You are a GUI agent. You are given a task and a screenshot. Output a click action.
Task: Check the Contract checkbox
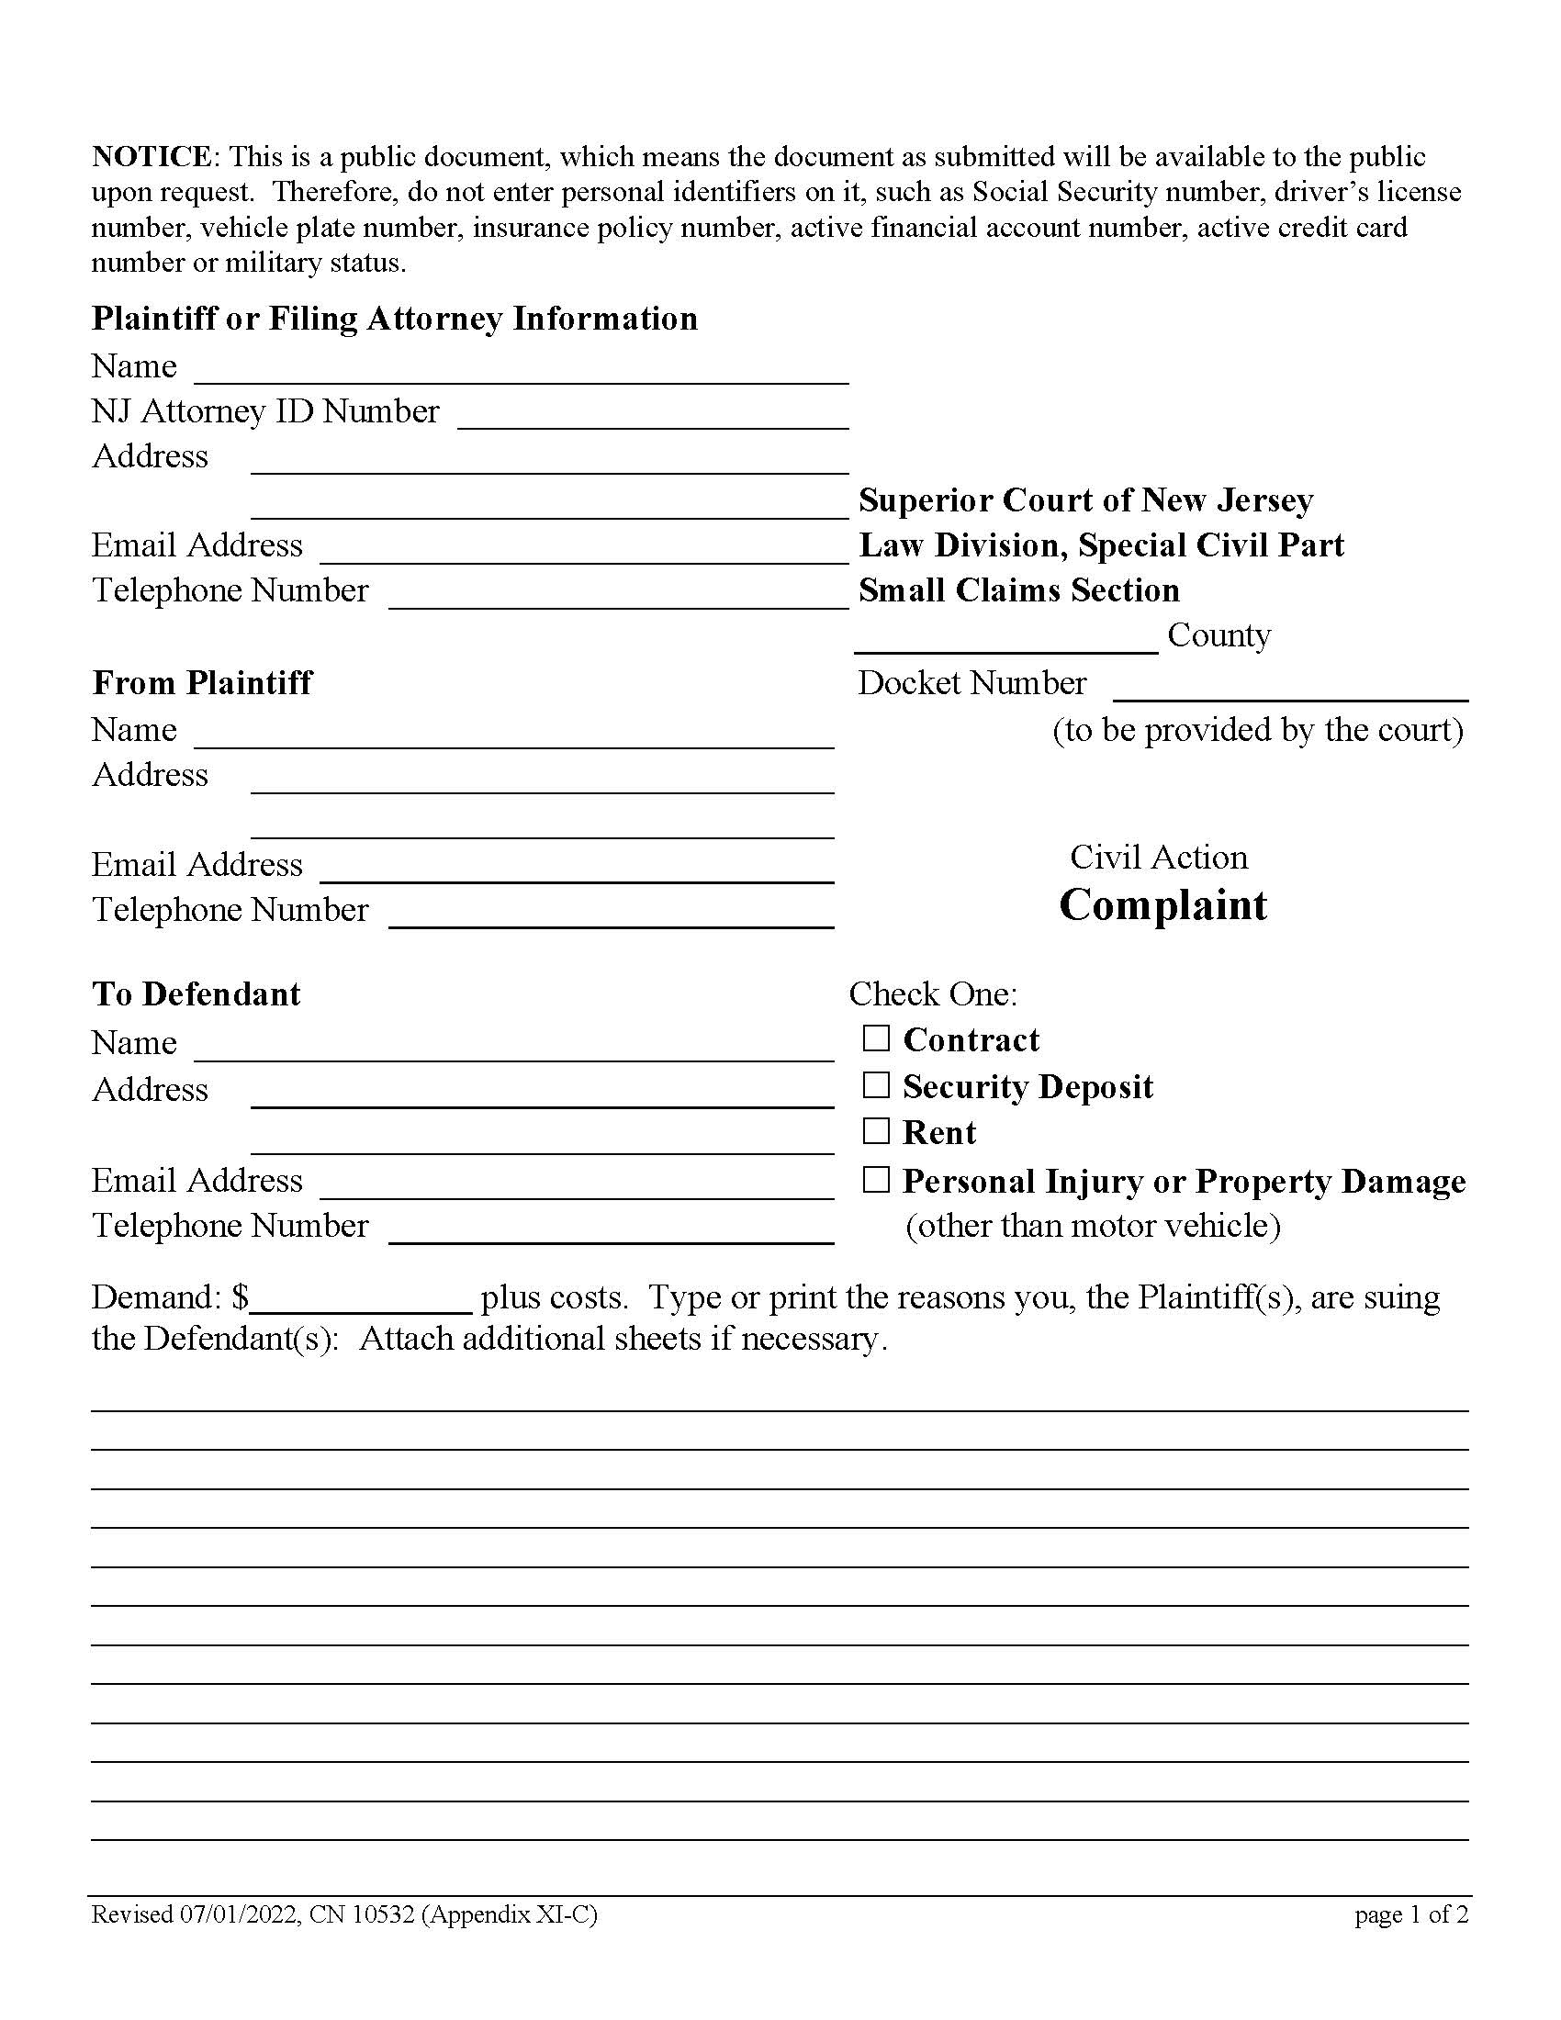click(875, 1038)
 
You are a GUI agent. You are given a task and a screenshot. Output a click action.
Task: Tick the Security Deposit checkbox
click(875, 1085)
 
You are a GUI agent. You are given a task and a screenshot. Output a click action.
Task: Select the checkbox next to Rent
click(875, 1131)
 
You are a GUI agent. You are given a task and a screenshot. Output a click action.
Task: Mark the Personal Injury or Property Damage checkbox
click(875, 1180)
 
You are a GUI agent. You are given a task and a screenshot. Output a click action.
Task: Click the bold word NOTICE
click(152, 156)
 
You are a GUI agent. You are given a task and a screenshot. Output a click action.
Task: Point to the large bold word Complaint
click(1162, 904)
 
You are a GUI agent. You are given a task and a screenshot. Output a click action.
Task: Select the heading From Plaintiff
click(202, 682)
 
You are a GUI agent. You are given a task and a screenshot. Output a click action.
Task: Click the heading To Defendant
click(197, 994)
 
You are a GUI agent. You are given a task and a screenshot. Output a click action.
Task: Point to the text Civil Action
click(1159, 858)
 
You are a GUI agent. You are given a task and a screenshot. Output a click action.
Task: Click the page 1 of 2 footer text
click(1411, 1914)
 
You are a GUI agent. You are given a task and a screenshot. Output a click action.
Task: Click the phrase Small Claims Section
click(1018, 590)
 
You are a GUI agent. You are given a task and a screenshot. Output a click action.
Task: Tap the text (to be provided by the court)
click(1258, 730)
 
